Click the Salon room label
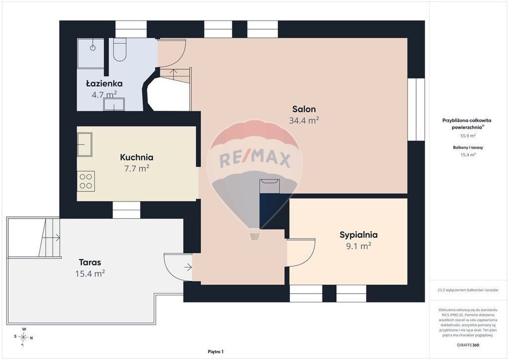click(304, 109)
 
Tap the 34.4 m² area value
click(304, 120)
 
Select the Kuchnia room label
click(137, 157)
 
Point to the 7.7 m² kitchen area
click(137, 169)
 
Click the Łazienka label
click(104, 83)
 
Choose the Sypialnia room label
click(358, 235)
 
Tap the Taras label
click(90, 262)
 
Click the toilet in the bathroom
click(120, 50)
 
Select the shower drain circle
click(93, 48)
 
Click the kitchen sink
click(85, 145)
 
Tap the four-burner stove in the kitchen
click(86, 181)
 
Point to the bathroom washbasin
click(114, 104)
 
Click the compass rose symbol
click(23, 337)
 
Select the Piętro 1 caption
click(216, 352)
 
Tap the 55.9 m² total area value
click(468, 136)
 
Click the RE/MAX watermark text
click(255, 159)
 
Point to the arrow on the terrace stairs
click(51, 238)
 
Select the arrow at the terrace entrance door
click(188, 267)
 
